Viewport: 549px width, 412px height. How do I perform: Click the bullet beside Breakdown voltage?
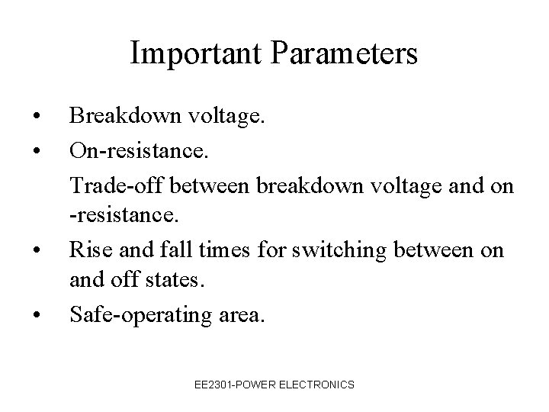click(37, 116)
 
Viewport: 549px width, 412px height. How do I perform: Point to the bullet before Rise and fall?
click(37, 249)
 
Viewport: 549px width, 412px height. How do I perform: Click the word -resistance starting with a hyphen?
click(123, 216)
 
